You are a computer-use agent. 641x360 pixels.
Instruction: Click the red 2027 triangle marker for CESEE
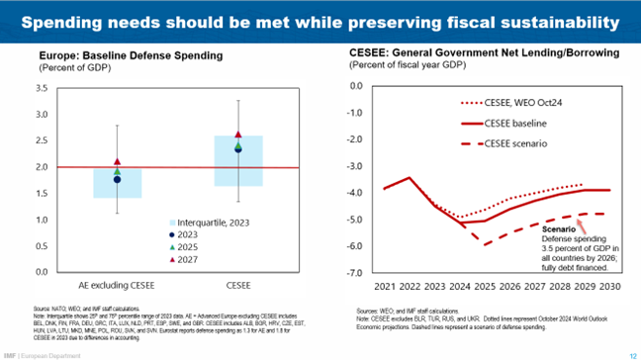click(238, 135)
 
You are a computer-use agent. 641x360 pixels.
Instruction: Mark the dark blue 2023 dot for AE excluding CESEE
click(118, 180)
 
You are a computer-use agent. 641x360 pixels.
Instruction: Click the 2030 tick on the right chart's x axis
click(608, 287)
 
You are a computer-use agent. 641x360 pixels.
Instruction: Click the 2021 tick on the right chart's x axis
click(385, 287)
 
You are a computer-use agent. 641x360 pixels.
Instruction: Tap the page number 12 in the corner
click(631, 353)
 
